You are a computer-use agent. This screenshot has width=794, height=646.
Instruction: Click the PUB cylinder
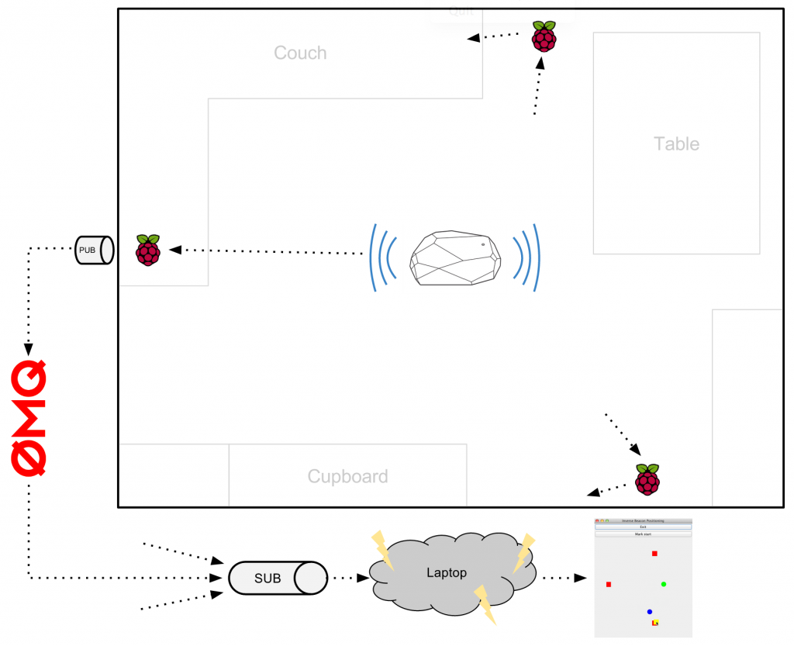[x=94, y=250]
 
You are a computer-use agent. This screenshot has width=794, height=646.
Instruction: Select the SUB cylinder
[x=277, y=578]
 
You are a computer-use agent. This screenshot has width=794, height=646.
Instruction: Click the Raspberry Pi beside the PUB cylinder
[x=147, y=250]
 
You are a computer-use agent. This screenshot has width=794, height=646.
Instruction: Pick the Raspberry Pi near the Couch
[x=544, y=36]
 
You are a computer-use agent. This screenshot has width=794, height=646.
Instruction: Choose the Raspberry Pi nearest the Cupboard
[x=647, y=479]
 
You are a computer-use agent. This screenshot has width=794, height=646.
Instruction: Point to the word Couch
[x=300, y=53]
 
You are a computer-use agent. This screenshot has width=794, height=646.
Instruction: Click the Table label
[x=676, y=143]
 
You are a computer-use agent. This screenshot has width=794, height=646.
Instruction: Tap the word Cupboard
[x=347, y=476]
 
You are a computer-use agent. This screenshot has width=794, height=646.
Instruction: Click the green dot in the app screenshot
[x=664, y=584]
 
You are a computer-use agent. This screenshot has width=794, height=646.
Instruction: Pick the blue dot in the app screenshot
[x=650, y=612]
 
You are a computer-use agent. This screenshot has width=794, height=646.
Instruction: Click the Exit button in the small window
[x=643, y=527]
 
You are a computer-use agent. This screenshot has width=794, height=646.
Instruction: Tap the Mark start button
[x=643, y=534]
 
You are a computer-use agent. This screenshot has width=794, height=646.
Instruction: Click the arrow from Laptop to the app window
[x=563, y=578]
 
